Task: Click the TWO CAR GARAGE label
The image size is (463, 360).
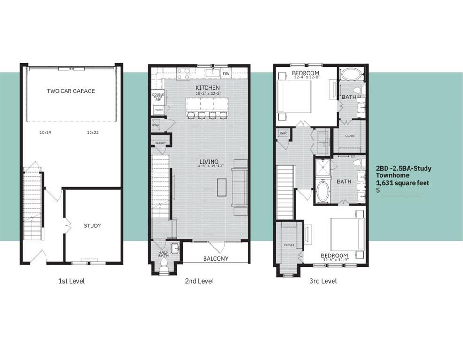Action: click(71, 91)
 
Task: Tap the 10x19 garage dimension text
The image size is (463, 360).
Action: click(45, 133)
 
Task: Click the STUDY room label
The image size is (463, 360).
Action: click(92, 225)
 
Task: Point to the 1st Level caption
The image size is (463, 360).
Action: click(71, 281)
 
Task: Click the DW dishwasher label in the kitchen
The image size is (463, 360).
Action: click(226, 74)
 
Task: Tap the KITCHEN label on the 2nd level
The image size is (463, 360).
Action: click(207, 88)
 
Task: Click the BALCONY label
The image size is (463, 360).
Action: click(215, 258)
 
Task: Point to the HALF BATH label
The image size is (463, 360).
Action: click(163, 254)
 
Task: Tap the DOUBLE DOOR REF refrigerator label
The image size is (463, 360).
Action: click(158, 97)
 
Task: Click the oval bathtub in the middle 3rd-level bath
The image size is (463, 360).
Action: click(323, 191)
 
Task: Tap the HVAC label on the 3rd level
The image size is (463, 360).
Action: click(283, 133)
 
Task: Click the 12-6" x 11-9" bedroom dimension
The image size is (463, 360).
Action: click(334, 261)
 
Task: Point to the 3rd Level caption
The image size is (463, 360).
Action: click(322, 281)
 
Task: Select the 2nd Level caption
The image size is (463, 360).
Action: click(199, 281)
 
